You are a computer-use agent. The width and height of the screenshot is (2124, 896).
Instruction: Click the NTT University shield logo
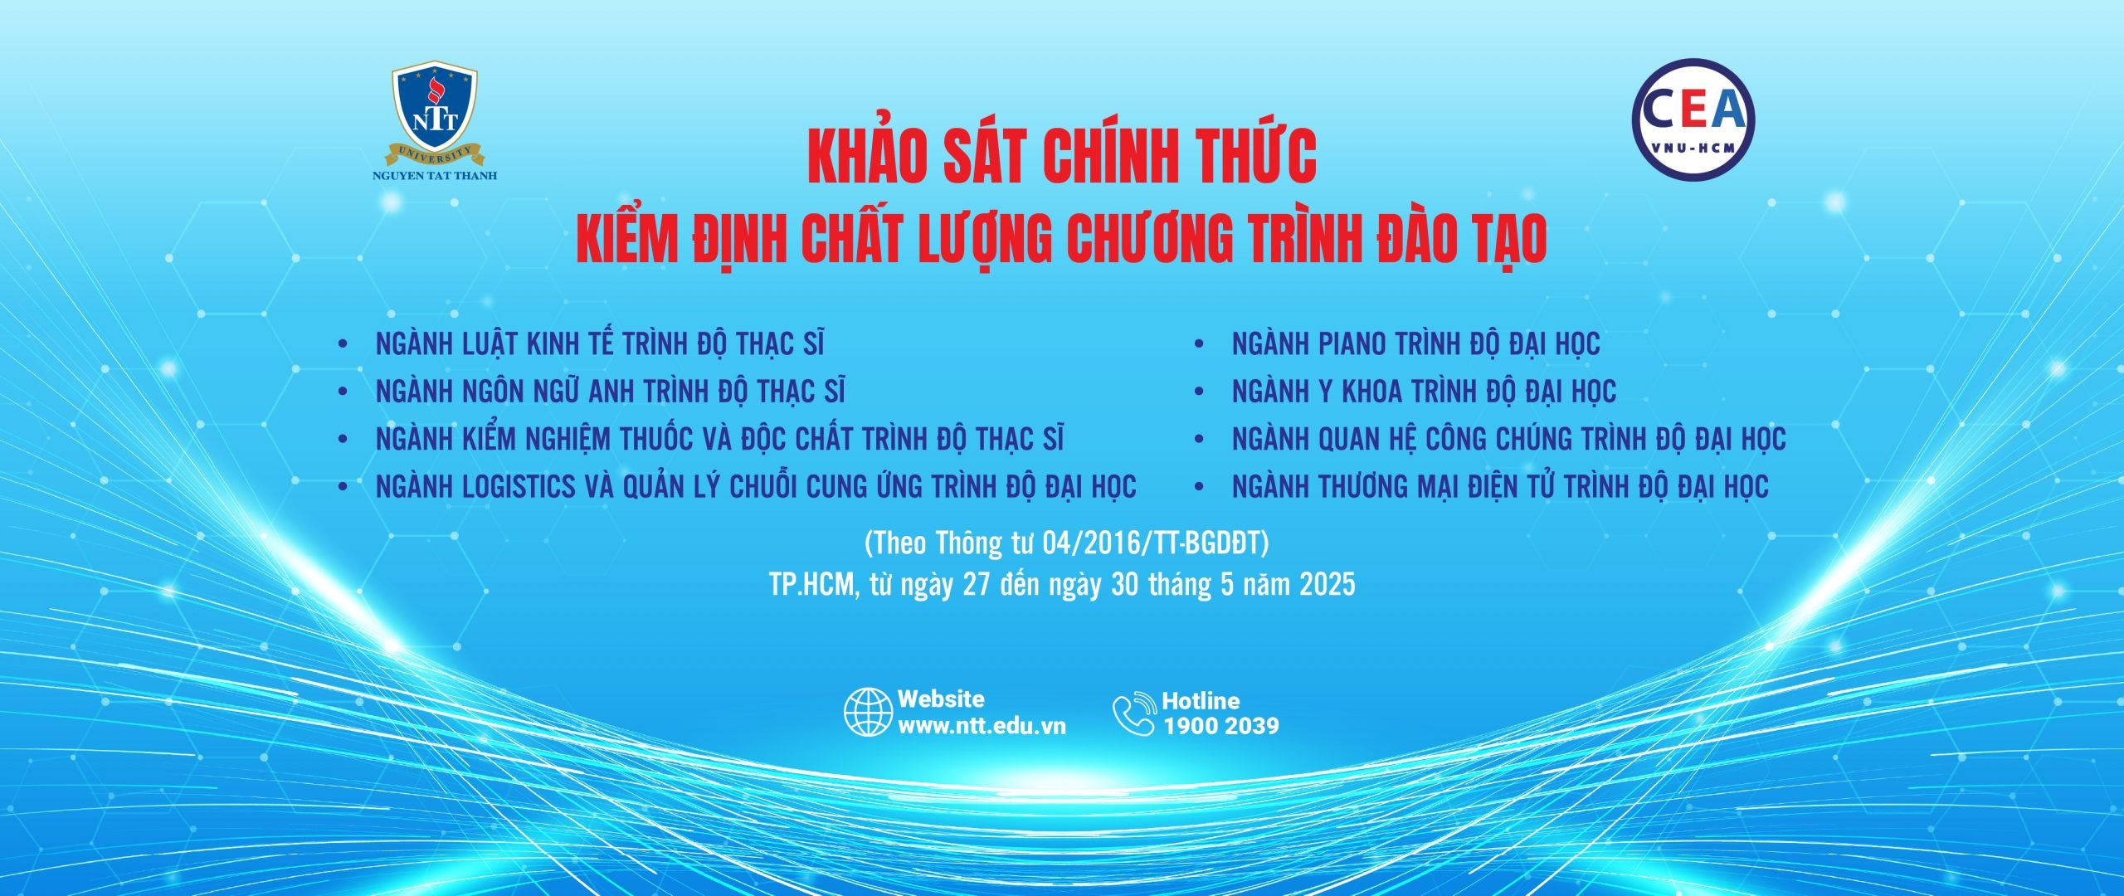(436, 112)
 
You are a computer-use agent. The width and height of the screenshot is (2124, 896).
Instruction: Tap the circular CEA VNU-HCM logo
(1693, 119)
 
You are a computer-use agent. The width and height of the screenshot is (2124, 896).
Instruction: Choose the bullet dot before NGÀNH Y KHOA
(1199, 392)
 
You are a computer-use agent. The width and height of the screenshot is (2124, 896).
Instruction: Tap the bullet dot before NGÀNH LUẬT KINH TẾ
(343, 343)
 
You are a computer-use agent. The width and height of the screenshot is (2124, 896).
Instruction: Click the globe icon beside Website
(869, 713)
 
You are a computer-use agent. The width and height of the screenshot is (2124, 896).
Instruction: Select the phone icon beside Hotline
(1134, 713)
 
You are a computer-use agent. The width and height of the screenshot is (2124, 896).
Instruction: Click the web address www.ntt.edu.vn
(982, 726)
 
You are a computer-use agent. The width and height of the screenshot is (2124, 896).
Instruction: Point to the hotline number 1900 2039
(1220, 726)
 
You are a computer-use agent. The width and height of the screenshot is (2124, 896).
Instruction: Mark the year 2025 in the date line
(1327, 584)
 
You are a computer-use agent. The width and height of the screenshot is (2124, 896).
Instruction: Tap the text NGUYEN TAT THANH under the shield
(436, 176)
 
